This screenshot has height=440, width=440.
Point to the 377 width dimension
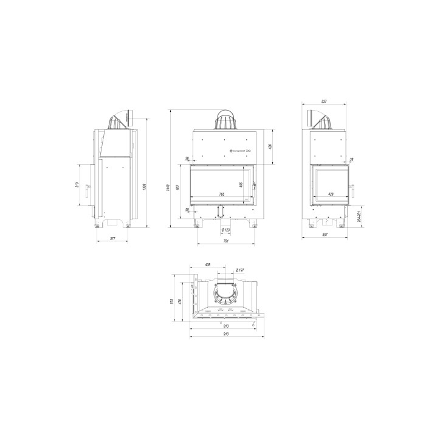click(x=112, y=239)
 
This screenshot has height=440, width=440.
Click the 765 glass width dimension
click(x=222, y=194)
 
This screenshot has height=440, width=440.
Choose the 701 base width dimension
click(x=225, y=241)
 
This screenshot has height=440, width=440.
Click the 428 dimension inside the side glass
click(x=331, y=194)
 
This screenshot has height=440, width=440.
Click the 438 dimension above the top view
click(x=207, y=265)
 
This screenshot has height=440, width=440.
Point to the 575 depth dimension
click(x=173, y=301)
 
